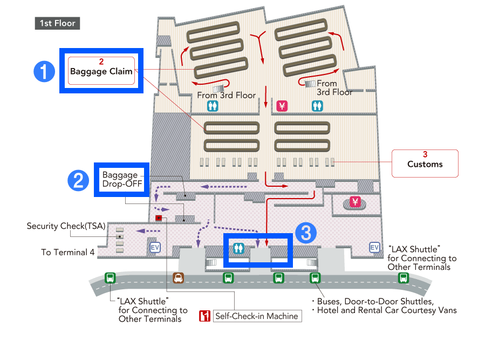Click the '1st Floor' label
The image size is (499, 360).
tap(57, 23)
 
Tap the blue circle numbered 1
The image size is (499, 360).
tap(44, 71)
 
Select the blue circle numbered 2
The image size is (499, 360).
tap(78, 180)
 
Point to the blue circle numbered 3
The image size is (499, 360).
tap(306, 233)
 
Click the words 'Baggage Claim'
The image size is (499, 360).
tap(101, 71)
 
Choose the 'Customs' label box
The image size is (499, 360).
tap(425, 164)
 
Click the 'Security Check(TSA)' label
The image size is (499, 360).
tap(66, 226)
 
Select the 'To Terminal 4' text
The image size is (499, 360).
tap(68, 253)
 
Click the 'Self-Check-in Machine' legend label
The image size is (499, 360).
tap(257, 316)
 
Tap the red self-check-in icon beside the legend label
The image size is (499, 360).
tap(204, 316)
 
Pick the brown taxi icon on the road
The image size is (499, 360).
tap(178, 278)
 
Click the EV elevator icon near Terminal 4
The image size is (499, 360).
tap(155, 247)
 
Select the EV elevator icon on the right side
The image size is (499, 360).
tap(374, 247)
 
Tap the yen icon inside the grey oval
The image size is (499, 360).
tap(355, 202)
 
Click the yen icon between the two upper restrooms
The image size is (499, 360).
tap(282, 106)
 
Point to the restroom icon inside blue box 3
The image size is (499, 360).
tap(238, 248)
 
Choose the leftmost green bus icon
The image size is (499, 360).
tap(110, 278)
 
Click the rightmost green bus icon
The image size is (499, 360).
tap(404, 278)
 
